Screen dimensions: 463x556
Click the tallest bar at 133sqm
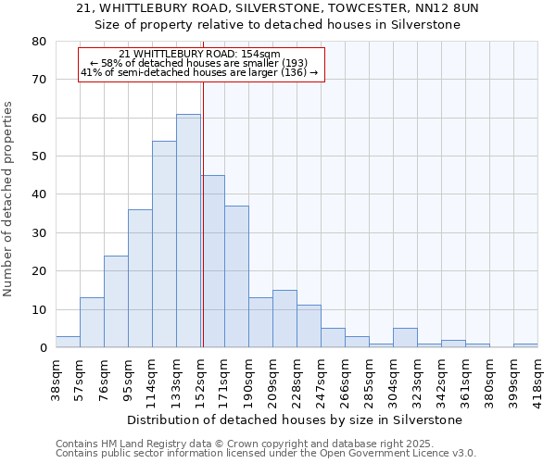tap(188, 231)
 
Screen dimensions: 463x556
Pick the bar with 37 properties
tap(236, 277)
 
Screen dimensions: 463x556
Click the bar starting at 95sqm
tap(140, 279)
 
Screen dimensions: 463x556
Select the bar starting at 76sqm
tap(116, 302)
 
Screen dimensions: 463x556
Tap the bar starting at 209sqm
tap(284, 319)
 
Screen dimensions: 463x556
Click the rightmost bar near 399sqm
tap(525, 345)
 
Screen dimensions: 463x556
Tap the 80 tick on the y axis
tap(39, 42)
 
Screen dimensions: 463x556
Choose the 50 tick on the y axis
tap(39, 156)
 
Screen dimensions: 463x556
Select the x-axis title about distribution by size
tap(294, 420)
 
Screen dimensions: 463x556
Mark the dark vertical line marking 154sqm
tap(203, 213)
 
